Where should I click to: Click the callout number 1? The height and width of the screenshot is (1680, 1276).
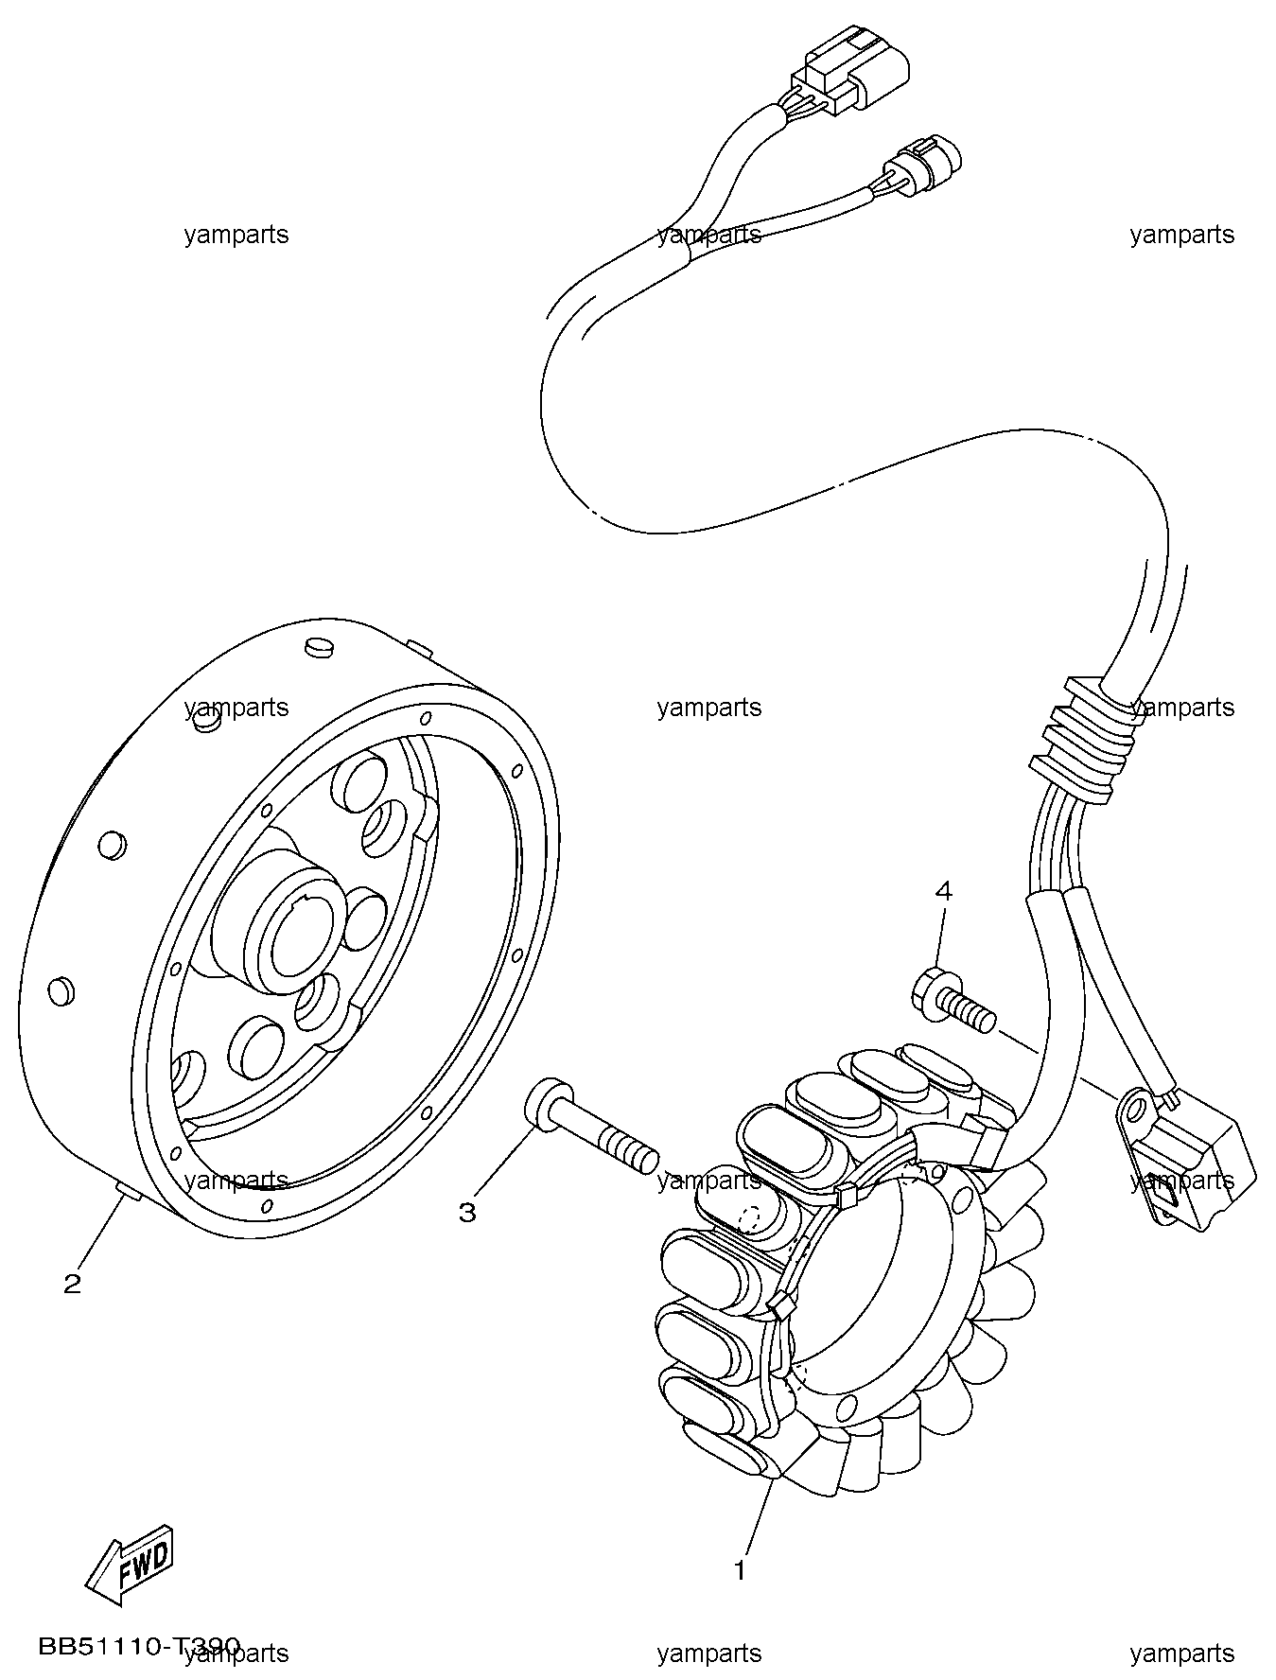click(x=740, y=1571)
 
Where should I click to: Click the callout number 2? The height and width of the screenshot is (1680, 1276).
click(x=72, y=1284)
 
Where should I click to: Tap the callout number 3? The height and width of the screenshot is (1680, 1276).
click(x=467, y=1212)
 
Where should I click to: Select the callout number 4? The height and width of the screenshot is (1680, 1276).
click(x=943, y=890)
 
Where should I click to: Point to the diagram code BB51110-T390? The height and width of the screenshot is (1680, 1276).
click(x=139, y=1647)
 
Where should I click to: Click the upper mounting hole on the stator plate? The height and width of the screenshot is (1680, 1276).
click(x=962, y=1199)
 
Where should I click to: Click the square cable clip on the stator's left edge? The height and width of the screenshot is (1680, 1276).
click(x=782, y=1307)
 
